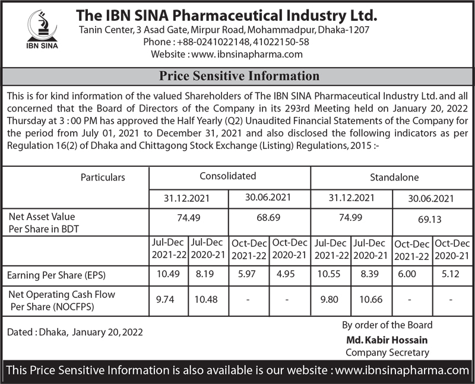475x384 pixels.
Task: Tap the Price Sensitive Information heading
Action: click(239, 77)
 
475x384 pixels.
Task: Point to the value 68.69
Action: click(269, 218)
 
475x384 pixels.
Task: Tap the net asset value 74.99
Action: click(350, 218)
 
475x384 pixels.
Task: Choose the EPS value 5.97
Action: click(248, 275)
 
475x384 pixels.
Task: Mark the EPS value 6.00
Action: click(411, 275)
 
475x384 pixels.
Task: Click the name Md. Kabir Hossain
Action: click(387, 340)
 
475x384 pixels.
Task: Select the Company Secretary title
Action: click(387, 352)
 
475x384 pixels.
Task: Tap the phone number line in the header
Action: click(226, 42)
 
